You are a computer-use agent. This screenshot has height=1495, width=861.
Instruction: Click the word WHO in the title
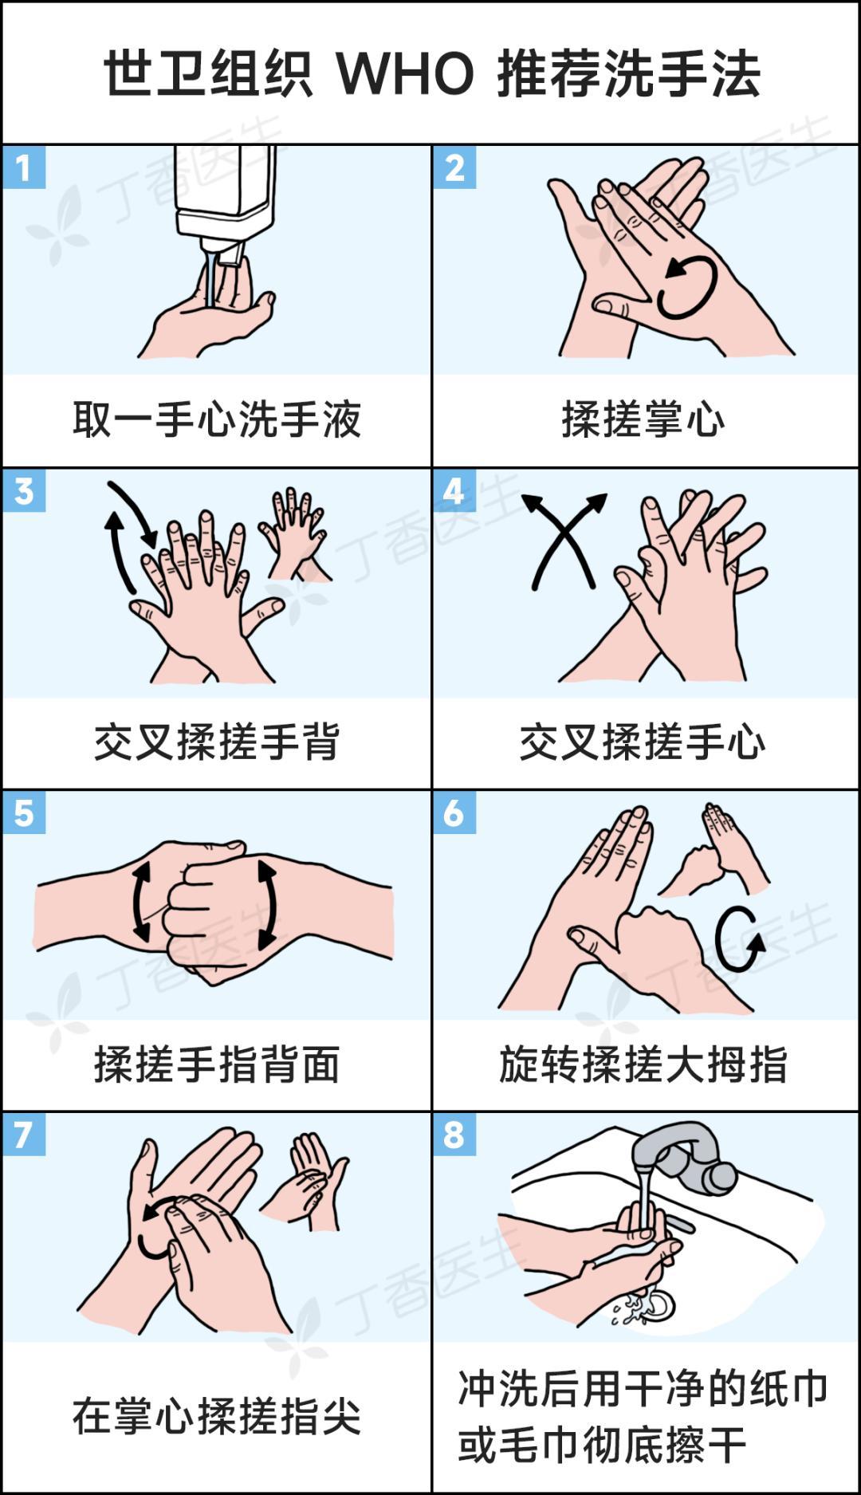(x=405, y=74)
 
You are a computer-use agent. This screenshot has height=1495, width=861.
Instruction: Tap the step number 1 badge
(x=24, y=167)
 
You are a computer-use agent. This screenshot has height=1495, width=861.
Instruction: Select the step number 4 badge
(x=454, y=490)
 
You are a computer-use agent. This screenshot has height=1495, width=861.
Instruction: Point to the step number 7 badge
(x=24, y=1134)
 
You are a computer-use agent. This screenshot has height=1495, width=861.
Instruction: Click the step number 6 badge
(x=454, y=812)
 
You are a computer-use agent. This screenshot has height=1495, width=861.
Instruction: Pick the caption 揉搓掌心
(x=643, y=419)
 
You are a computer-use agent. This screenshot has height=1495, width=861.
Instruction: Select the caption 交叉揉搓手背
(x=217, y=742)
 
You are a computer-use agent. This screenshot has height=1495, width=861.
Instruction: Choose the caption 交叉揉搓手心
(x=643, y=742)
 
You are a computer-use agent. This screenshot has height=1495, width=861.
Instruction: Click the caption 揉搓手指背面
(x=217, y=1064)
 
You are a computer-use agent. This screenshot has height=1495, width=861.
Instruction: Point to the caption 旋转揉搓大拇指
(x=643, y=1064)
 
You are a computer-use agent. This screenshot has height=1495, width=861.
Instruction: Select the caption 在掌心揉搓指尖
(x=217, y=1417)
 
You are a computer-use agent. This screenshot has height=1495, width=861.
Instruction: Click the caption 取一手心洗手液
(x=217, y=419)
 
